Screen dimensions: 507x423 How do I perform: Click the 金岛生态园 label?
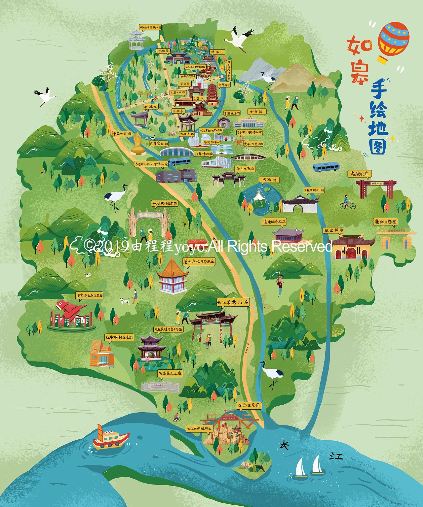click(x=249, y=405)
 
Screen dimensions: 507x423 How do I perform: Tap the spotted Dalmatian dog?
click(x=125, y=301)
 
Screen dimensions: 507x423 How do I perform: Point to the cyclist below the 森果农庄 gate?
click(x=347, y=202)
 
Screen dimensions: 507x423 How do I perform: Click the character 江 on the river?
click(x=336, y=456)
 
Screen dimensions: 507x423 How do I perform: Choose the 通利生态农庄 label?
click(x=274, y=221)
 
